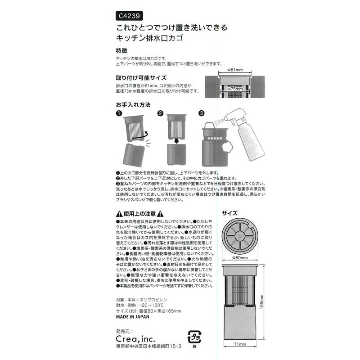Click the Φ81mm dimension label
235,70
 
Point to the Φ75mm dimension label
235,90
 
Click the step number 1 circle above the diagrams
118,114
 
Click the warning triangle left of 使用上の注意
118,214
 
